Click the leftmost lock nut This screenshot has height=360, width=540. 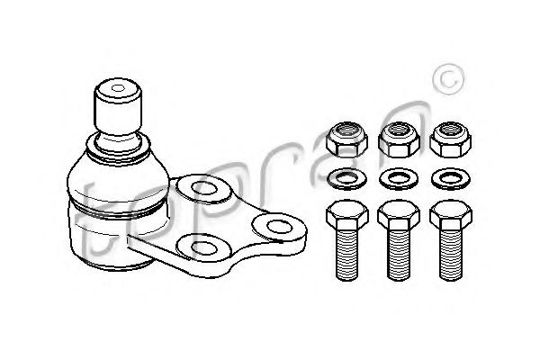point(346,140)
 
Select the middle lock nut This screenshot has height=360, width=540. point(399,140)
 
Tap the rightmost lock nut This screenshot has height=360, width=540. point(451,140)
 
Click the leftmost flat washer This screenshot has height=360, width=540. point(346,179)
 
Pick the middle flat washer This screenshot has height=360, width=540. point(399,179)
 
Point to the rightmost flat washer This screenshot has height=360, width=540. point(451,179)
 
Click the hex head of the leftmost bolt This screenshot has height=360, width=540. point(347,215)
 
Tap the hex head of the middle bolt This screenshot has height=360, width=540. point(399,215)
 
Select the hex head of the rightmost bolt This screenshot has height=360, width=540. point(451,215)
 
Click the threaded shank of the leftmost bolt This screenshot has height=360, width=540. point(347,256)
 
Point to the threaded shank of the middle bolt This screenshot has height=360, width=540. point(399,256)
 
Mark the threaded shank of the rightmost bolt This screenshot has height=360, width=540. point(451,256)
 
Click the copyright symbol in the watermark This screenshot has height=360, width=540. point(448,79)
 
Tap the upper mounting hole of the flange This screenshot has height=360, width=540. point(203,188)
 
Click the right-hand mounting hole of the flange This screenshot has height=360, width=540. point(279,226)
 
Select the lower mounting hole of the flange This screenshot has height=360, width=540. point(203,247)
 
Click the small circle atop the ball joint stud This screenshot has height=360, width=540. point(118,88)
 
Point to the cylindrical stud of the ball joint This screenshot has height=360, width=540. point(118,107)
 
